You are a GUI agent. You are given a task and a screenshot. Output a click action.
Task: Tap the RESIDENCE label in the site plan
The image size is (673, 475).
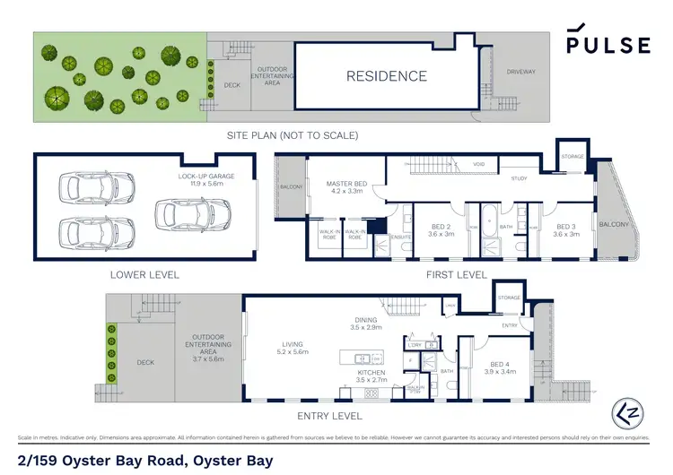click(x=387, y=76)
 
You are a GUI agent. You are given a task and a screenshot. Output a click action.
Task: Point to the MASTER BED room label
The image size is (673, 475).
click(x=344, y=187)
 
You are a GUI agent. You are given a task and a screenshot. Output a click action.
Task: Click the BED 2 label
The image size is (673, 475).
click(x=440, y=229)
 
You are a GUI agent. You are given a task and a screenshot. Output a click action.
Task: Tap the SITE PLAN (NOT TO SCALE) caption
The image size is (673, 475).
click(x=293, y=135)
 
